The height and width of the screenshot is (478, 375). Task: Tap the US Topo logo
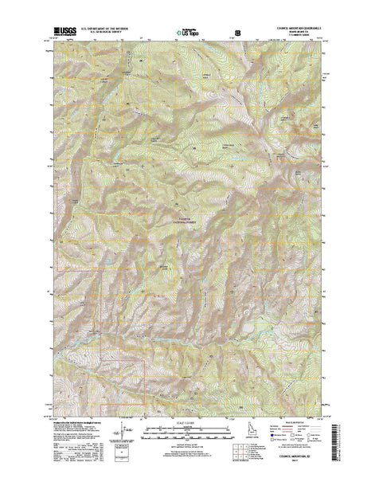[x=189, y=34]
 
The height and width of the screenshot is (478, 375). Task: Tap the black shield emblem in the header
[x=236, y=34]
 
